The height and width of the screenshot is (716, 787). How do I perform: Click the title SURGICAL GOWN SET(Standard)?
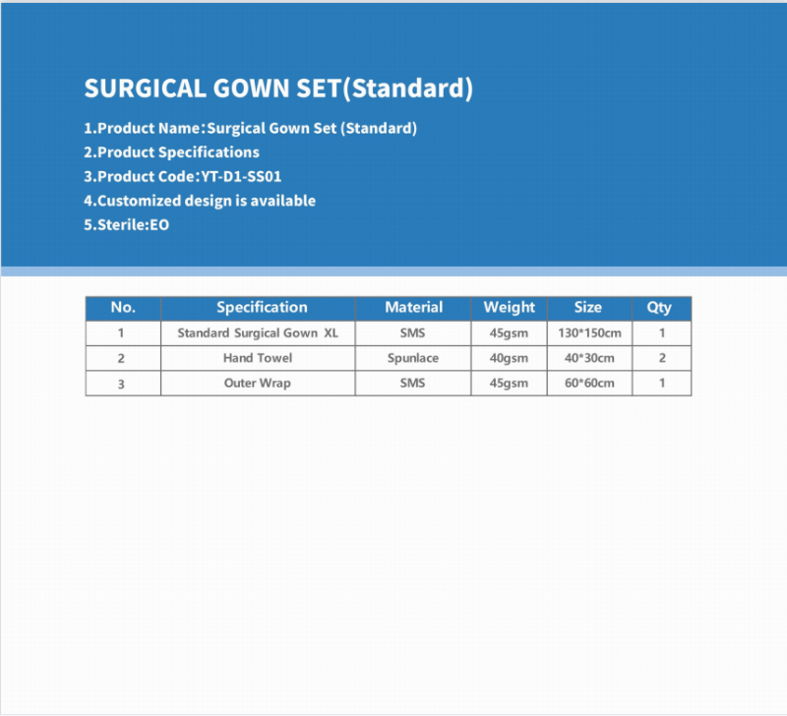(278, 89)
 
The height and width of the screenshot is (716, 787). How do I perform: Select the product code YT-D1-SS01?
(241, 177)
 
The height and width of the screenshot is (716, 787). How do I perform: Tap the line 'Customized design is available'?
(200, 201)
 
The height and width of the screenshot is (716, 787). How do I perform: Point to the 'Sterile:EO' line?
(127, 225)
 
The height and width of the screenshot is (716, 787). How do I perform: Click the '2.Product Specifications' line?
(171, 152)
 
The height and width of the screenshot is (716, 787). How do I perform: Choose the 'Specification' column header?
(262, 307)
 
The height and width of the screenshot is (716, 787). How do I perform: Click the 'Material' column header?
(413, 307)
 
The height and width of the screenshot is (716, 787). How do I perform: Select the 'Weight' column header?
(509, 307)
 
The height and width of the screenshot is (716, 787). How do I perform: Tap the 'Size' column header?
(587, 307)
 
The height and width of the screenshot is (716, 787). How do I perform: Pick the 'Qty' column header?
(658, 307)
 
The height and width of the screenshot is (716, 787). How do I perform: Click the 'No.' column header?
(123, 307)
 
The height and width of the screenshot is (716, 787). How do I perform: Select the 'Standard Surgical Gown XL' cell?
(258, 333)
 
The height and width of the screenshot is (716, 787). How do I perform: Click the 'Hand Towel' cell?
(258, 358)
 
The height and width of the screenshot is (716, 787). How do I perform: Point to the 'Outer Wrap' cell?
(258, 384)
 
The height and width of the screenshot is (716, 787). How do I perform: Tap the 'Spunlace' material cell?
(413, 358)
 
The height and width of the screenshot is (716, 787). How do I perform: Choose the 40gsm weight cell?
(509, 358)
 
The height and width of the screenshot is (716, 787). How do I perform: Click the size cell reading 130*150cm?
(589, 333)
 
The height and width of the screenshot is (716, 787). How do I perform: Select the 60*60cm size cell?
(589, 384)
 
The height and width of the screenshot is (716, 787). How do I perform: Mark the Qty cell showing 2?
(662, 358)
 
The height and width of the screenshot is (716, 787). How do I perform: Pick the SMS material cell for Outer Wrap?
(412, 384)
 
